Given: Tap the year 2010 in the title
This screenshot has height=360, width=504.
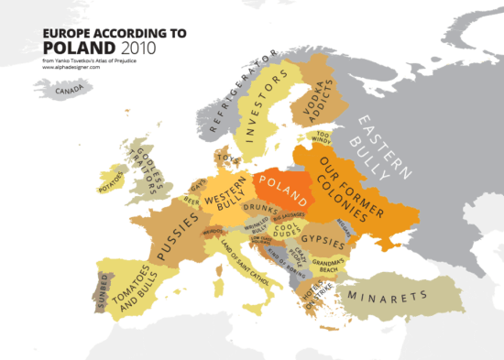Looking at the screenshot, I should [x=136, y=47].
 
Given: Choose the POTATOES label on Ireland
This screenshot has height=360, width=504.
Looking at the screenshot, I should [x=111, y=179].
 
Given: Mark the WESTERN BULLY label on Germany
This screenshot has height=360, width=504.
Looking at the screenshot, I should [x=223, y=203].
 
